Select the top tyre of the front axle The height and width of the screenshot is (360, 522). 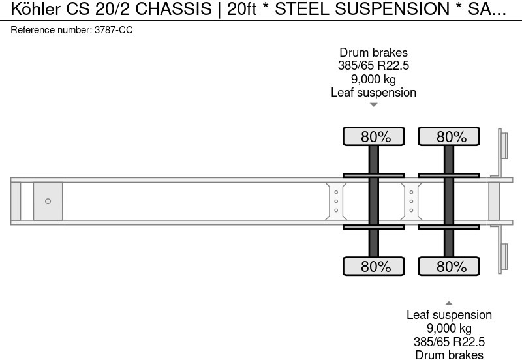[374, 137]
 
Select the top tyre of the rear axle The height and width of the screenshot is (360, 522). [449, 137]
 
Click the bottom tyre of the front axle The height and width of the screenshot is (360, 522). [374, 266]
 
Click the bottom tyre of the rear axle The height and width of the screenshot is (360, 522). [449, 266]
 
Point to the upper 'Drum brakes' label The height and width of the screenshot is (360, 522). [373, 52]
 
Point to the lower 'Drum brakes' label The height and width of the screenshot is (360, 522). [449, 355]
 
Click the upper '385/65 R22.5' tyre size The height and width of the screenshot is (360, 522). [373, 66]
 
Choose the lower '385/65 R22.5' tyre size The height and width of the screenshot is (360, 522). [449, 342]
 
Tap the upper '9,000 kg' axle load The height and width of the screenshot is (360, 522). [373, 79]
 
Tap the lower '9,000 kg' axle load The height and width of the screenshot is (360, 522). [449, 328]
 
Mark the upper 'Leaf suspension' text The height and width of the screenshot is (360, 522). [373, 92]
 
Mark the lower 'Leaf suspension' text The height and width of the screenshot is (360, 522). [449, 315]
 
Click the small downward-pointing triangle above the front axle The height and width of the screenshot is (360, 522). [373, 104]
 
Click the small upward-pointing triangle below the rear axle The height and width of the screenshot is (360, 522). [449, 303]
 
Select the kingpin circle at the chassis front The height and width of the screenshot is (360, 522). [48, 202]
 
